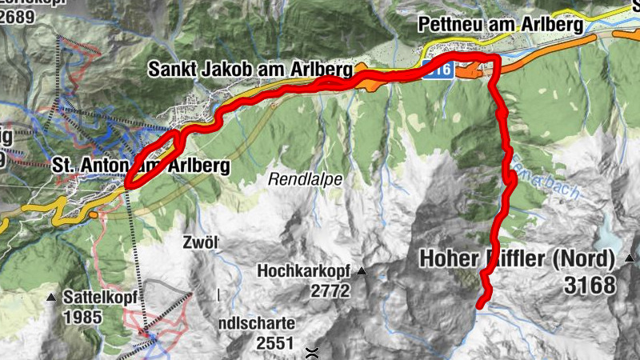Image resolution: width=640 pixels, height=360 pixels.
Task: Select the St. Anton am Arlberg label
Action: [x=141, y=166]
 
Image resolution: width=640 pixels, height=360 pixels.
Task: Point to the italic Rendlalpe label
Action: [x=306, y=179]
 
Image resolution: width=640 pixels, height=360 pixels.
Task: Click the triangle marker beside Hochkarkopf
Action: [x=362, y=272]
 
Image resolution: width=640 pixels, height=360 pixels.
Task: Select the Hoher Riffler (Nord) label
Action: [x=516, y=259]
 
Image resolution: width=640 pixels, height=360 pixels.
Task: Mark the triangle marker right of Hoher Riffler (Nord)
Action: [x=630, y=258]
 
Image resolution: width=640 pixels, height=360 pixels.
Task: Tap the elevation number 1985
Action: [x=83, y=317]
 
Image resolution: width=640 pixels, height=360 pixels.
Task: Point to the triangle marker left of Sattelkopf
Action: [x=52, y=298]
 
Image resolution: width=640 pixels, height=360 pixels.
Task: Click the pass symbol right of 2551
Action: [x=312, y=350]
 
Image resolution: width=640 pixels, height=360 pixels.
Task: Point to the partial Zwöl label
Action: [x=199, y=242]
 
